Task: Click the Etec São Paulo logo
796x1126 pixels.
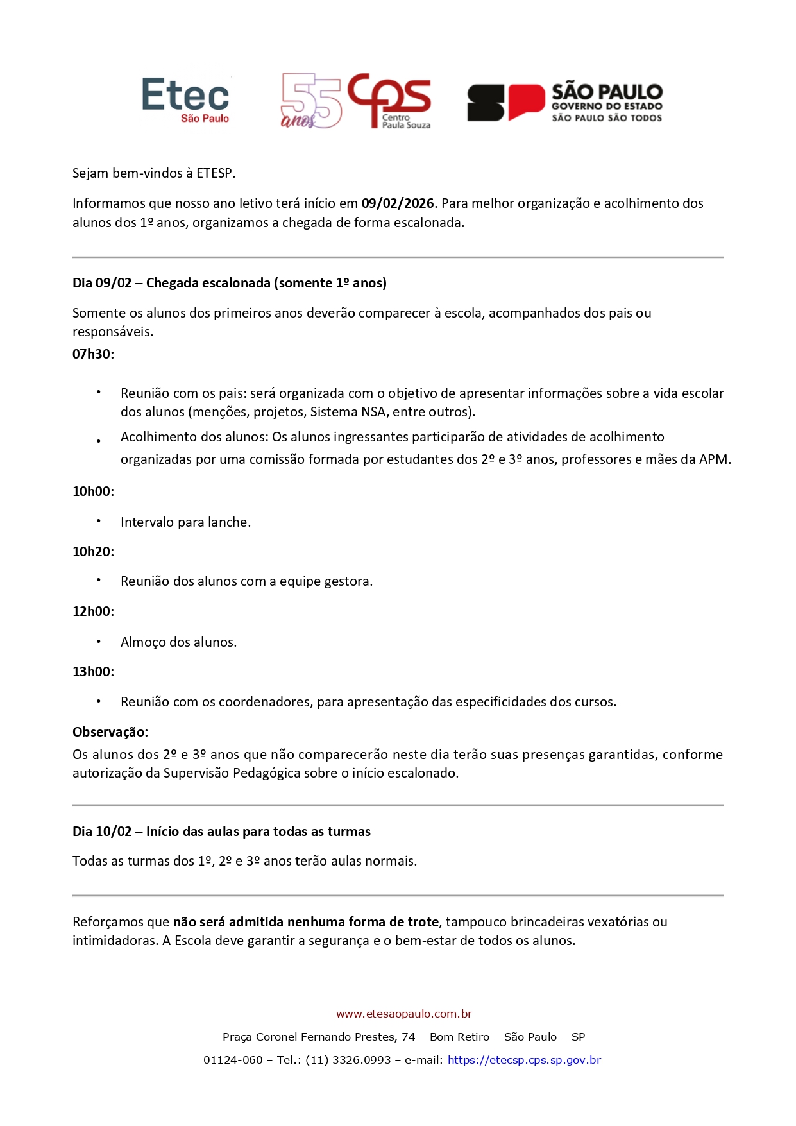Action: pyautogui.click(x=185, y=100)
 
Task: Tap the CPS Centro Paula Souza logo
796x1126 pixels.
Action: pyautogui.click(x=356, y=101)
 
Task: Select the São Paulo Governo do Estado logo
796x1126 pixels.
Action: pyautogui.click(x=564, y=102)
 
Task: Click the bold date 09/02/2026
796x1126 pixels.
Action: pyautogui.click(x=398, y=203)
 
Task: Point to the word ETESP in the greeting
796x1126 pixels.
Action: pyautogui.click(x=215, y=173)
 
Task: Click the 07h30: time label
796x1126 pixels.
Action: pyautogui.click(x=93, y=354)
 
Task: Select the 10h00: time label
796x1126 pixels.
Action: pyautogui.click(x=93, y=491)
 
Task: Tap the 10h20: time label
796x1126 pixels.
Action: pyautogui.click(x=93, y=552)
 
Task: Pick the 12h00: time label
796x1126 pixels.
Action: pyautogui.click(x=93, y=611)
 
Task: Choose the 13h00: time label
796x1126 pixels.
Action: pyautogui.click(x=93, y=672)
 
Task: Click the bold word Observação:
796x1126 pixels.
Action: pyautogui.click(x=110, y=732)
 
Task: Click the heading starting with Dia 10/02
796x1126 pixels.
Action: pyautogui.click(x=221, y=832)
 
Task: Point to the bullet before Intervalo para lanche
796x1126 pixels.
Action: pyautogui.click(x=99, y=521)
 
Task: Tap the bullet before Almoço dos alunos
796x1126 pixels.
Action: pyautogui.click(x=99, y=641)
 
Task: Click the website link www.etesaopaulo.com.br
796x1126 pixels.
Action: pyautogui.click(x=404, y=1014)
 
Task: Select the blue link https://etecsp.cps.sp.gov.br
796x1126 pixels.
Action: pyautogui.click(x=524, y=1060)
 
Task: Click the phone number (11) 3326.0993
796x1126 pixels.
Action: pyautogui.click(x=348, y=1060)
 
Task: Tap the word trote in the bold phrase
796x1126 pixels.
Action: pyautogui.click(x=423, y=922)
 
